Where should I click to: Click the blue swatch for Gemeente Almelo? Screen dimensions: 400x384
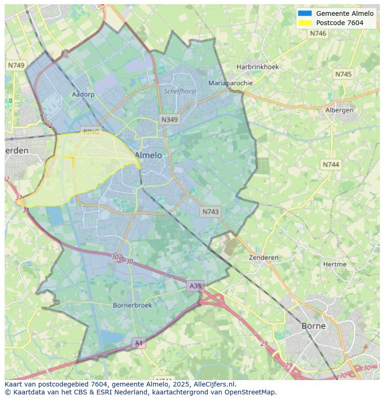[305, 13]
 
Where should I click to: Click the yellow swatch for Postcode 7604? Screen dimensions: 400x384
[305, 23]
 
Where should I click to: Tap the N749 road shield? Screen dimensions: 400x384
[16, 66]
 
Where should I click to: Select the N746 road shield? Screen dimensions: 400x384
[318, 33]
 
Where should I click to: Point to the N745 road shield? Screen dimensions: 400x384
[343, 74]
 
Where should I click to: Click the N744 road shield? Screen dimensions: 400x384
[331, 164]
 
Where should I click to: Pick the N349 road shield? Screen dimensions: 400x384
[169, 120]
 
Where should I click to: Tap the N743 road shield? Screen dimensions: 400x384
[211, 212]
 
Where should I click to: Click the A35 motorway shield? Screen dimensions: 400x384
[195, 286]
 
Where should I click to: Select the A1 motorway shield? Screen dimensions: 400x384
[139, 343]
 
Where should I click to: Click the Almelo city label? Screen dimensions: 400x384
[148, 155]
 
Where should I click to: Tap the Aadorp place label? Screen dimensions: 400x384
[83, 94]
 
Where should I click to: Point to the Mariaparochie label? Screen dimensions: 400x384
[230, 83]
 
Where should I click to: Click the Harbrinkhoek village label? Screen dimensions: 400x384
[258, 67]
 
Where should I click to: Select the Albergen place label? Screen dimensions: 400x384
[339, 110]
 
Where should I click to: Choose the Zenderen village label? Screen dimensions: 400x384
[263, 257]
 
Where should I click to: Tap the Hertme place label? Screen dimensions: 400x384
[334, 264]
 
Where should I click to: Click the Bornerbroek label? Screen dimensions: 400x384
[132, 305]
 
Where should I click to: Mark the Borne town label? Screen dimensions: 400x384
[314, 326]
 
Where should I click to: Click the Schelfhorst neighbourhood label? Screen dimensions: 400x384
[180, 92]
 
